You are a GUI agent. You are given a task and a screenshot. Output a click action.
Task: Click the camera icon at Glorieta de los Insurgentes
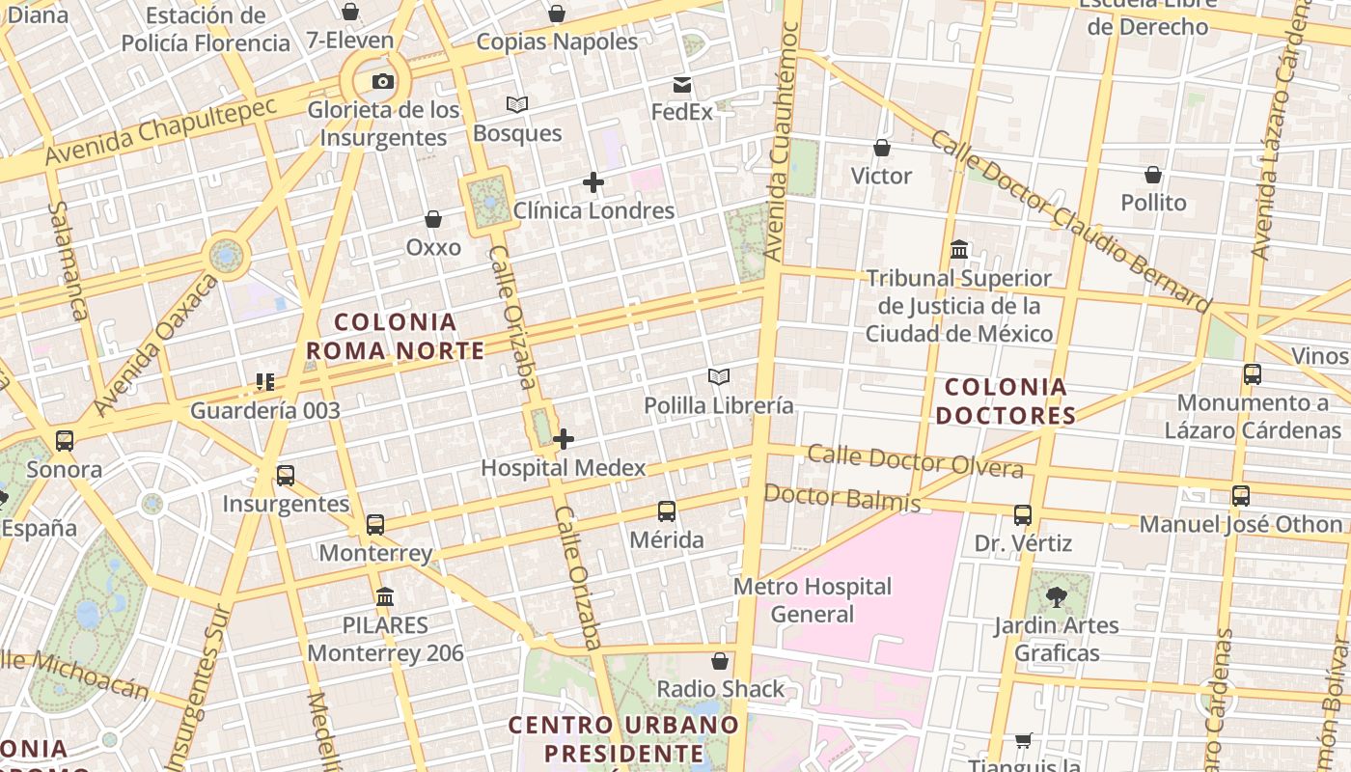383,82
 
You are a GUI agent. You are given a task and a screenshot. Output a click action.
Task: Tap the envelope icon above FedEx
682,85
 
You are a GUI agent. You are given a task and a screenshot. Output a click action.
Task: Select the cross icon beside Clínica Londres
593,181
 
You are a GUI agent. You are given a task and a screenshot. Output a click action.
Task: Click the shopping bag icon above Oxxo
433,219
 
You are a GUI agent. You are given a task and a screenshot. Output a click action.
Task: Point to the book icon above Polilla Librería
718,376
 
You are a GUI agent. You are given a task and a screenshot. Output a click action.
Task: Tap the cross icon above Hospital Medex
564,439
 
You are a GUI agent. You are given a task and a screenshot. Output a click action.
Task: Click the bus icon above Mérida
667,510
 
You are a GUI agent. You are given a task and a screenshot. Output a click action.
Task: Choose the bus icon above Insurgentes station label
286,475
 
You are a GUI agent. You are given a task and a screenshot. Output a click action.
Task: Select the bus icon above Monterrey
375,525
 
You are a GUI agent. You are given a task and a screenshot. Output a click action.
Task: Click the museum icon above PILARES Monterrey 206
385,596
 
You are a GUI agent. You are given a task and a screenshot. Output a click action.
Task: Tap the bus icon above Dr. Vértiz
1023,515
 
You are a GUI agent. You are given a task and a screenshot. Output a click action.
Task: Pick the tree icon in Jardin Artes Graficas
1057,596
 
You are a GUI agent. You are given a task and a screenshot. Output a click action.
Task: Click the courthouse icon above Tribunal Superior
959,250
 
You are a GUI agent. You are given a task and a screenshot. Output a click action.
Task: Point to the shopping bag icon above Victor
881,148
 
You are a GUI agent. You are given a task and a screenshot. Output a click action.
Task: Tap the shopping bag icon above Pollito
1153,175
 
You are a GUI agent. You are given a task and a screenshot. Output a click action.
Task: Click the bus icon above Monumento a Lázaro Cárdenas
1253,374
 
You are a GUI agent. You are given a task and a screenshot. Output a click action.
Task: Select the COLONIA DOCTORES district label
1006,401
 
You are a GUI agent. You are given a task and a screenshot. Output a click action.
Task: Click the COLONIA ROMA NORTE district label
396,336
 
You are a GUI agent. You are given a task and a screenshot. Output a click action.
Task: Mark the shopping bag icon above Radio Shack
720,661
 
